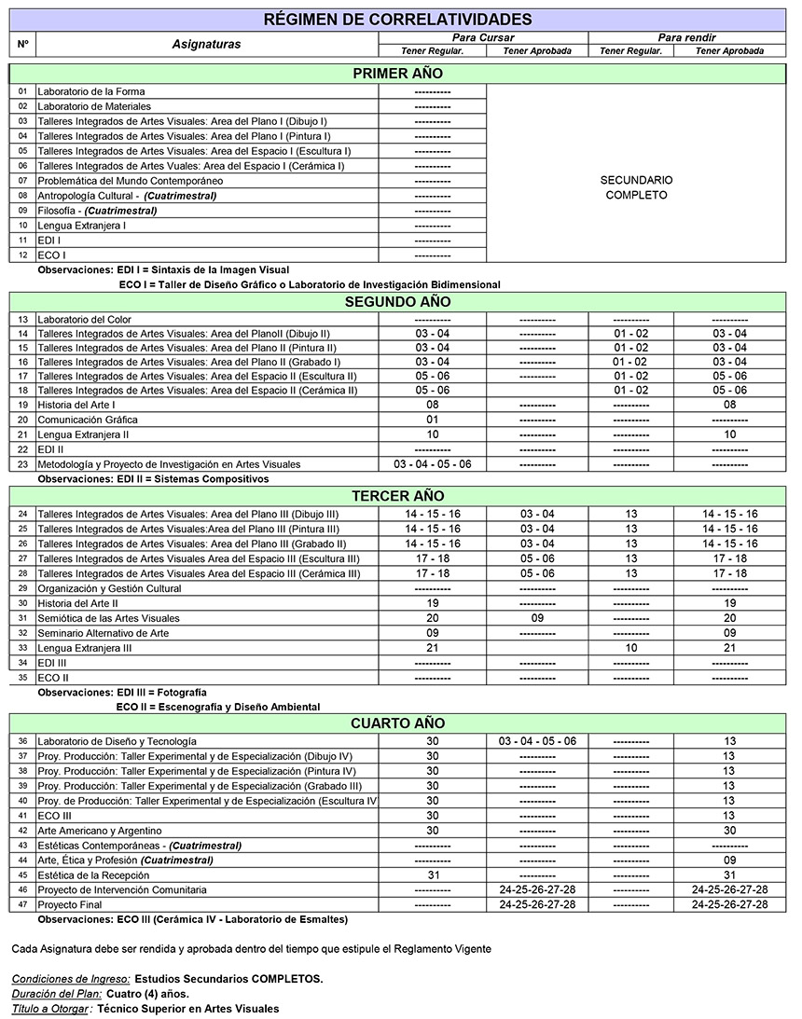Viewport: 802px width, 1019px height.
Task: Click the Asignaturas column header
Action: coord(206,44)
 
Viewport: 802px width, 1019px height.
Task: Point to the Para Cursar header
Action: coord(483,37)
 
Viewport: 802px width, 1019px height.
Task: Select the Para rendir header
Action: coord(686,37)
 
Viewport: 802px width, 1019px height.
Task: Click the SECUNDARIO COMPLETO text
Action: coord(636,187)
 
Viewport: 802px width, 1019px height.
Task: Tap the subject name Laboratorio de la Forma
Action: coord(91,91)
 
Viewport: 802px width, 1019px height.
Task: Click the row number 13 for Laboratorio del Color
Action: coord(23,319)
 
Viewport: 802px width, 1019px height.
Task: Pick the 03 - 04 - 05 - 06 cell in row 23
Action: coord(432,464)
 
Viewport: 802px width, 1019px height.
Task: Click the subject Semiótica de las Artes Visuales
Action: coord(108,618)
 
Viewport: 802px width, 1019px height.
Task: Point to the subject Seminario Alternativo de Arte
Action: coord(104,633)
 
